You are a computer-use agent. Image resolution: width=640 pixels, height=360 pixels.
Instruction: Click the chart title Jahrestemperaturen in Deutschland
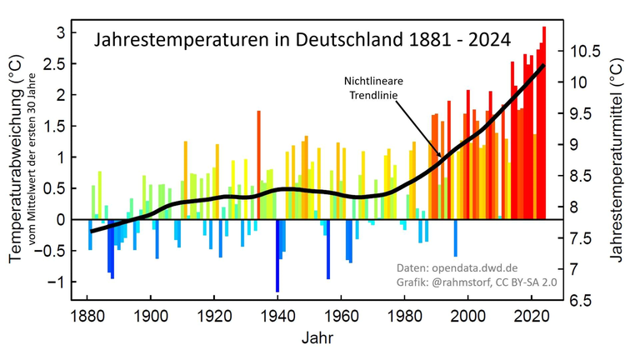[302, 39]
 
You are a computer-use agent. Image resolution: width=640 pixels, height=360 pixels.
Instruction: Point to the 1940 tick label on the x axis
[277, 317]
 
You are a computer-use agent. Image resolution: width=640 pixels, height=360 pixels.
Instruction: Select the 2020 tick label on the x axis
[532, 317]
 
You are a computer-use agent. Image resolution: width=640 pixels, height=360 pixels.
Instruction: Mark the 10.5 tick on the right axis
[585, 52]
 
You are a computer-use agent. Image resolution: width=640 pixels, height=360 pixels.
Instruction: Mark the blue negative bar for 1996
[456, 238]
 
